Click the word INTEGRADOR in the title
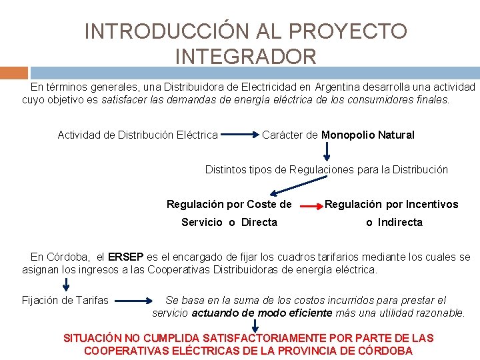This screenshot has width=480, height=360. tap(245, 57)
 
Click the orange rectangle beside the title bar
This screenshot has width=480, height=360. tap(14, 73)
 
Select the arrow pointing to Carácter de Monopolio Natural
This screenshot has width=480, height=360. tap(240, 135)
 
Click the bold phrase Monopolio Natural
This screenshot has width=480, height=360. tap(368, 135)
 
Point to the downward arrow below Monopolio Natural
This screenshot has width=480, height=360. tap(326, 152)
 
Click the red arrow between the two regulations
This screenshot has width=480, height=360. tap(310, 207)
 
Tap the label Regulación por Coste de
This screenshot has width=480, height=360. tap(229, 204)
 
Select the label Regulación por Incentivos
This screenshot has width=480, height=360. tap(391, 204)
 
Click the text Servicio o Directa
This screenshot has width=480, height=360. tap(229, 222)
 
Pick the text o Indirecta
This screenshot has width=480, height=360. tap(394, 222)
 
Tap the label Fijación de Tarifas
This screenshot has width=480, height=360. tap(65, 300)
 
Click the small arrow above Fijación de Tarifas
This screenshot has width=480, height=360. tap(66, 285)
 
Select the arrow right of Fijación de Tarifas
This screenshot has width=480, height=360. tap(137, 301)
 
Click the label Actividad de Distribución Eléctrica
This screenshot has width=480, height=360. tap(137, 135)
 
